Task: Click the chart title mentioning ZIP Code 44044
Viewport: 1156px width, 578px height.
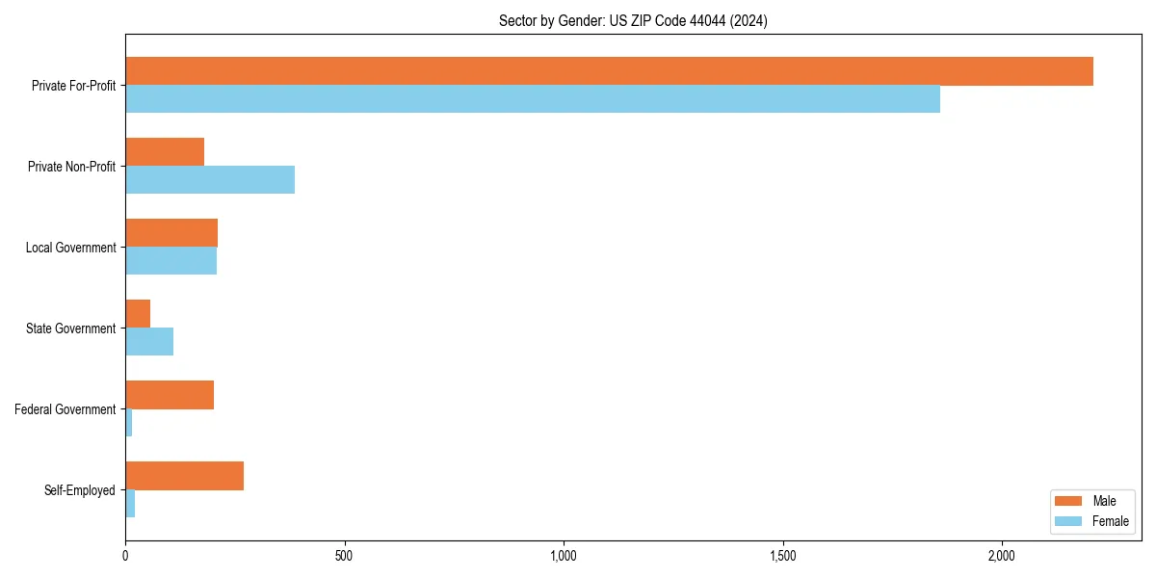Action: [633, 21]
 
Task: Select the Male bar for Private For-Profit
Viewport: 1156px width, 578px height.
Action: [609, 71]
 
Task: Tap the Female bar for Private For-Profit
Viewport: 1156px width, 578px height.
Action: [533, 99]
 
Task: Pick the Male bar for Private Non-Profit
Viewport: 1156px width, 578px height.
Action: [165, 152]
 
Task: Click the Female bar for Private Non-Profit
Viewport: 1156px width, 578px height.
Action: [210, 180]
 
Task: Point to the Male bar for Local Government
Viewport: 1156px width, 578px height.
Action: [171, 233]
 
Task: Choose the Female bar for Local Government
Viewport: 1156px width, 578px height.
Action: [171, 261]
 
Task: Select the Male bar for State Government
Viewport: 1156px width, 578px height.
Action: [138, 314]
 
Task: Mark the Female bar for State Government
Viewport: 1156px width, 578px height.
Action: [149, 342]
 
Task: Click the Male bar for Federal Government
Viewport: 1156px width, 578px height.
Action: [170, 395]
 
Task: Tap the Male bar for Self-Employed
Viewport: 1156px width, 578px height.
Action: [184, 476]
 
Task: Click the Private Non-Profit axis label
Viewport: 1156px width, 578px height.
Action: [71, 167]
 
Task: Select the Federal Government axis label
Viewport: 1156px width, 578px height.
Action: [66, 409]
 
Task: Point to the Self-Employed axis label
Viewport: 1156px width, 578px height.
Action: [80, 490]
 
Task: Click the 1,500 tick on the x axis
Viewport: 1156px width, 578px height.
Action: [782, 557]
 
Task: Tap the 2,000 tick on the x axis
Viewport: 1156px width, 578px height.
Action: [1002, 557]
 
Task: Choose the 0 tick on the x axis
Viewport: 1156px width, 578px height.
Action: [126, 557]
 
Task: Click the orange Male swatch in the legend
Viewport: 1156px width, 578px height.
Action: [1069, 501]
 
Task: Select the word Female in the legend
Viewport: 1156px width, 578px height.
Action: [1110, 521]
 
